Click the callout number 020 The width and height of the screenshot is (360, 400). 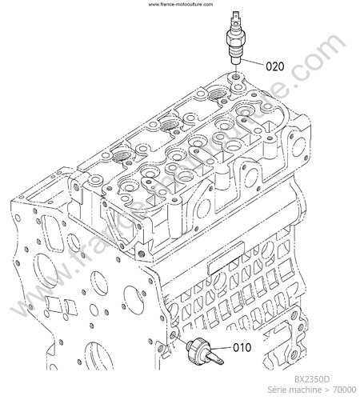[275, 66]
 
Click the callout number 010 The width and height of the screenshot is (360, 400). [242, 347]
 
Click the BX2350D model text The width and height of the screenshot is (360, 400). [312, 379]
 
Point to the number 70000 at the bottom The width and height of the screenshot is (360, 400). [345, 390]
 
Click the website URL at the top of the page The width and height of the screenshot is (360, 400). [181, 4]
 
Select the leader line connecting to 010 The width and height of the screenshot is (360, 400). [221, 348]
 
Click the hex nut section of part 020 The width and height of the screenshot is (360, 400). [235, 37]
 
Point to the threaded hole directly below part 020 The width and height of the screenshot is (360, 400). [235, 78]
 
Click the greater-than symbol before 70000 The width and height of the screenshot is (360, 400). [327, 390]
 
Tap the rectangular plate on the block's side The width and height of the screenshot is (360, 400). [226, 258]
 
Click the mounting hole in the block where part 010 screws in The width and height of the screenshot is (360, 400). [173, 335]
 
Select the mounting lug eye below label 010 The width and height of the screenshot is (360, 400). [294, 354]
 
